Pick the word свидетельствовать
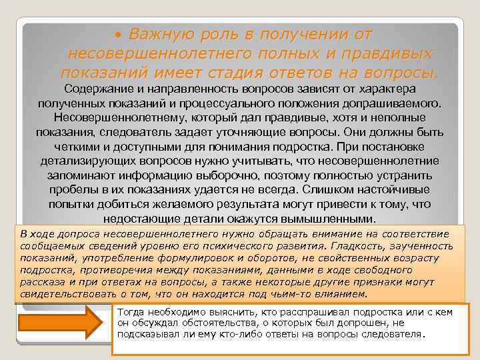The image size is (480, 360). click(x=63, y=294)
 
